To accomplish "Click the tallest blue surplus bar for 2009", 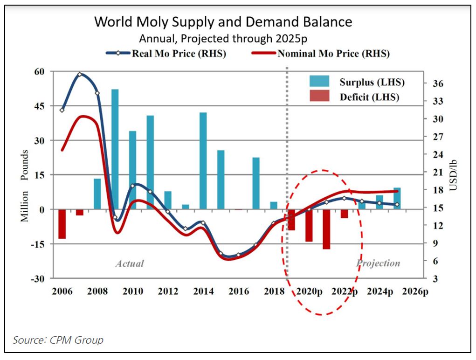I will point(115,149).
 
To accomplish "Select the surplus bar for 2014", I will point(203,161).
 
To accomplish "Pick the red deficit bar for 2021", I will point(326,229).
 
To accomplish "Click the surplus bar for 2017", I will point(256,183).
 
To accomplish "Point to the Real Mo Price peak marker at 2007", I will point(80,74).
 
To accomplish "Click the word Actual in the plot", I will point(130,263).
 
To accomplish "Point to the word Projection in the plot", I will point(378,263).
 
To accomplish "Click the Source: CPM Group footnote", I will point(58,340).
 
